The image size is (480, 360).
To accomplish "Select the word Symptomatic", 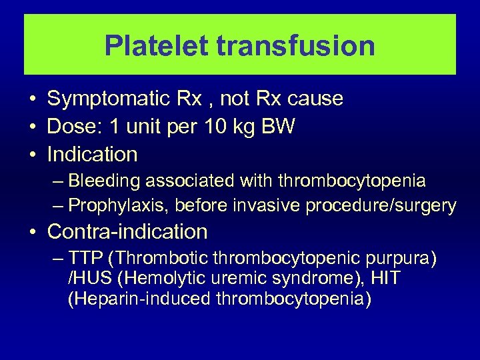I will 109,99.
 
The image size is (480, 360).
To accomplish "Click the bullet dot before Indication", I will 32,155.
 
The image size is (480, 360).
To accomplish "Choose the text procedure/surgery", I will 381,206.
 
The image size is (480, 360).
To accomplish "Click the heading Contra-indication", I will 127,232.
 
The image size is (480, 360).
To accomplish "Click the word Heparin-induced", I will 139,298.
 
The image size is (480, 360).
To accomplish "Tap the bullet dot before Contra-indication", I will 32,233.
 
